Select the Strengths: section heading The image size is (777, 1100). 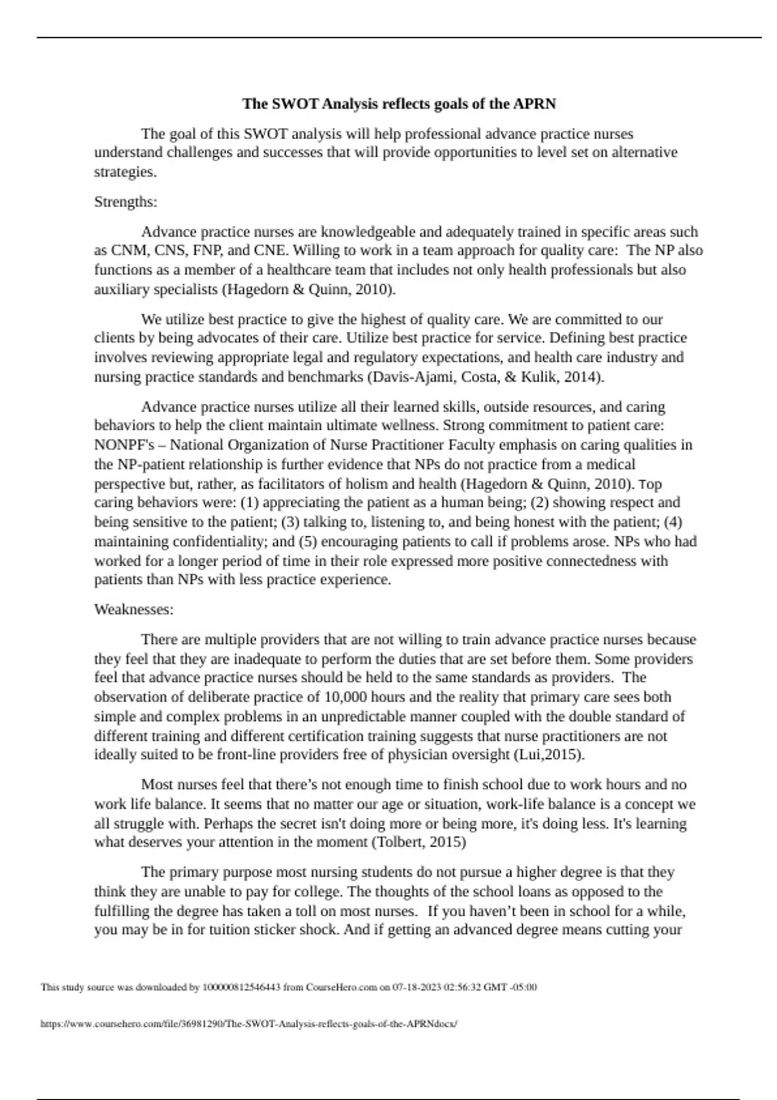click(x=126, y=202)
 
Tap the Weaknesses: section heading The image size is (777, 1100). click(x=133, y=610)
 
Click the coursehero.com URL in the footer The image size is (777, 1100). click(x=249, y=1024)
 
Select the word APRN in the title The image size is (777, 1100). click(x=534, y=104)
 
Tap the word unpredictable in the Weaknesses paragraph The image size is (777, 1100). click(x=391, y=717)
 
